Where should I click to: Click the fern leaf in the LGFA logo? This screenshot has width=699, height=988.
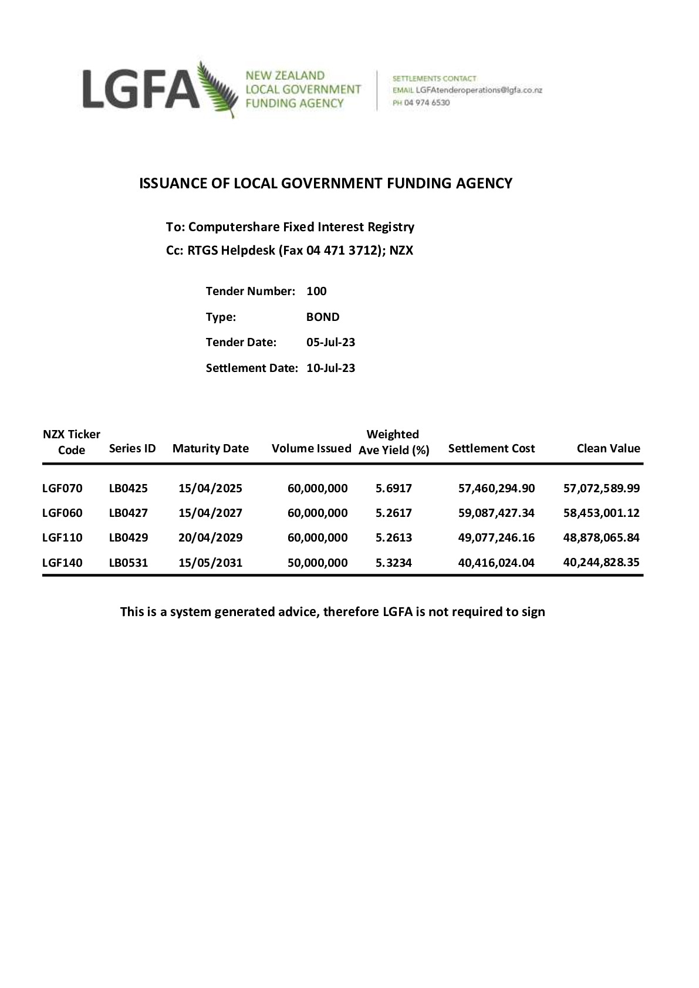[x=218, y=90]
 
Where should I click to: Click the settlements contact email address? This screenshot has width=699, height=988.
[x=478, y=90]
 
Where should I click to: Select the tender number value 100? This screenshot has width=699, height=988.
[x=316, y=292]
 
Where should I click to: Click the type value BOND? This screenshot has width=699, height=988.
[x=323, y=317]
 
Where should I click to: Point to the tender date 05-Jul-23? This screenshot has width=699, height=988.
[x=330, y=343]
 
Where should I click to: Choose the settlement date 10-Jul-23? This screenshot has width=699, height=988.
[x=330, y=368]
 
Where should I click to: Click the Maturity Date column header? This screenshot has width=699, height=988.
[x=210, y=449]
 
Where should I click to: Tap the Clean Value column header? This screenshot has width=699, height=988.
[x=608, y=449]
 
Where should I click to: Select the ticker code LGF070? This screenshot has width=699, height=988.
[x=62, y=488]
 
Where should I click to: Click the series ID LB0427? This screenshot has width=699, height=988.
[x=129, y=513]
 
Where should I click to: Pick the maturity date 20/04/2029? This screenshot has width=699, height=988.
[x=210, y=538]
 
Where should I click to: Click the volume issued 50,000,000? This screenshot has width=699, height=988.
[x=318, y=563]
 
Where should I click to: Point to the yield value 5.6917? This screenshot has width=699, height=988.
[x=394, y=488]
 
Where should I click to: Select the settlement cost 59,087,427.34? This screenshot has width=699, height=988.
[x=496, y=513]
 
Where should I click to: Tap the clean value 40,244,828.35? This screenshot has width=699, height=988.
[x=601, y=562]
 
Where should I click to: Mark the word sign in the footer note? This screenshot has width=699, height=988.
[x=533, y=613]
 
